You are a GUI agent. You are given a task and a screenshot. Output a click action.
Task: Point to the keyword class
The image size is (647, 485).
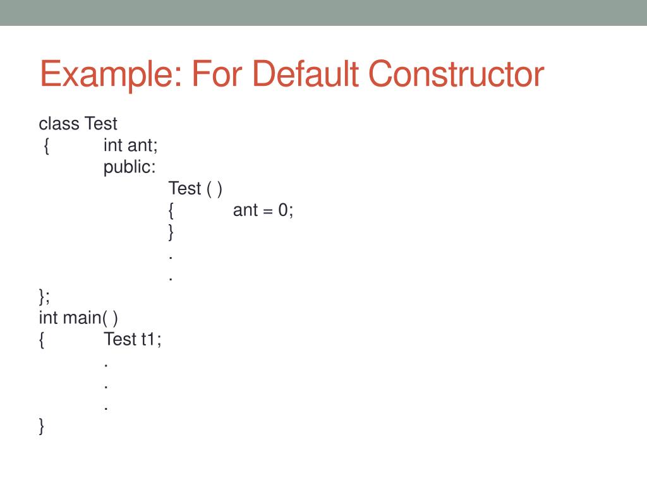[x=59, y=123]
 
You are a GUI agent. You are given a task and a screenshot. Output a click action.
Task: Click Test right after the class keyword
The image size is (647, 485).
[x=102, y=123]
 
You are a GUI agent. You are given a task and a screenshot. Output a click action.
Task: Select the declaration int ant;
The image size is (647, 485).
[x=131, y=145]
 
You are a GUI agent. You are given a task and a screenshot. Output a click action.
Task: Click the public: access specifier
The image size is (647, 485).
[x=130, y=167]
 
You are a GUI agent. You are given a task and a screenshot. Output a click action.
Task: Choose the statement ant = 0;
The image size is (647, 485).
[x=263, y=210]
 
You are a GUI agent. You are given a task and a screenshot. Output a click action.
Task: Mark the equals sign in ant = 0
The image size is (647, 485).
[x=267, y=211]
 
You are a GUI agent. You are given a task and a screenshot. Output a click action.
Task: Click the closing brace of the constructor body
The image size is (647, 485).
[x=171, y=232]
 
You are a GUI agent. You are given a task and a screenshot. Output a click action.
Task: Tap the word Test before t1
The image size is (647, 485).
[x=120, y=339]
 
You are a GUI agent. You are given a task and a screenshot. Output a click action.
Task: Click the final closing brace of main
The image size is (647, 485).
[x=42, y=427]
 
